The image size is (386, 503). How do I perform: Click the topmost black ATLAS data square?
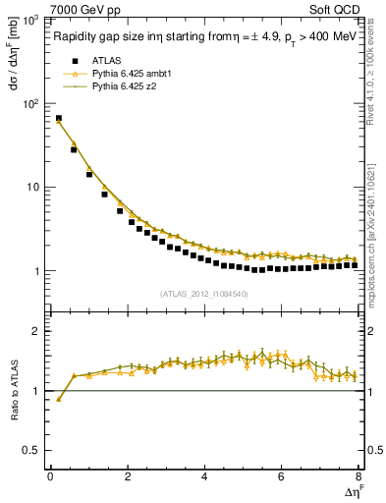[59, 119]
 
